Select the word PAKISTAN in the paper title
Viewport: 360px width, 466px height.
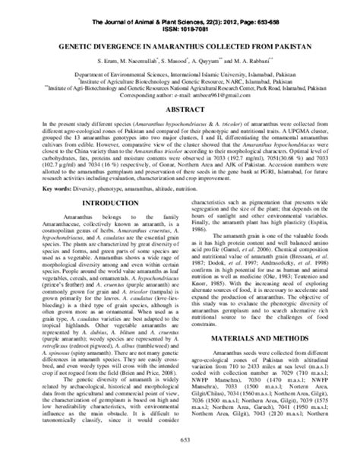click(x=286, y=46)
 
